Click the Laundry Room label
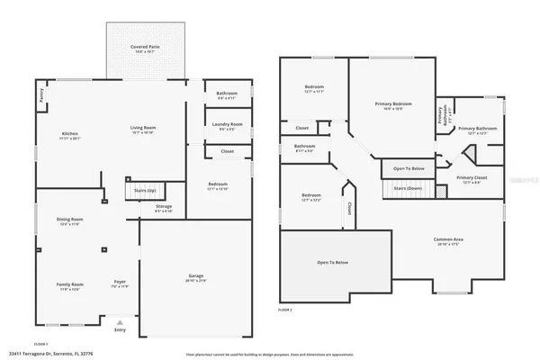tap(227, 125)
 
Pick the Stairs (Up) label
tap(144, 191)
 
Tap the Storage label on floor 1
tap(163, 208)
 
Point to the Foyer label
tap(119, 283)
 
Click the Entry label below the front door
tap(120, 330)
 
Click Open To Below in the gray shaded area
tap(333, 262)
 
